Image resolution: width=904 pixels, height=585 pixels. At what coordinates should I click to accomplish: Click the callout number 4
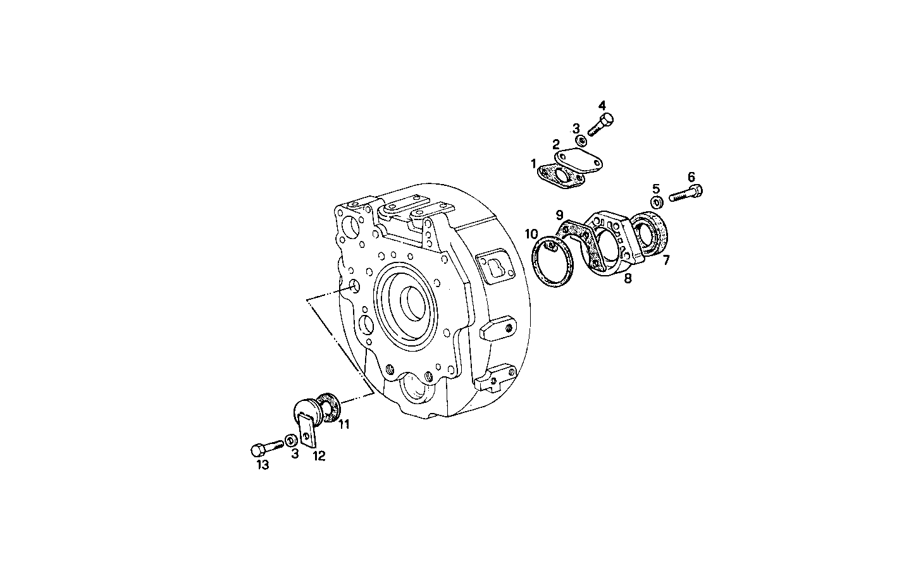click(602, 105)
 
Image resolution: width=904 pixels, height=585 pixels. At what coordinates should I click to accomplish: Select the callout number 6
click(691, 176)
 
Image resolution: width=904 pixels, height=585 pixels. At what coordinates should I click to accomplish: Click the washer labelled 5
click(656, 203)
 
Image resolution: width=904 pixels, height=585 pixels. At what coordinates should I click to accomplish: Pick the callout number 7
click(666, 259)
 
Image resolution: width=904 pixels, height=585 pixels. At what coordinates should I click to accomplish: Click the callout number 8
click(628, 278)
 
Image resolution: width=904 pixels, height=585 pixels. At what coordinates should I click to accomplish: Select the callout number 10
click(531, 234)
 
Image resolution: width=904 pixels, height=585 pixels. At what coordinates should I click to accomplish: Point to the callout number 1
click(533, 164)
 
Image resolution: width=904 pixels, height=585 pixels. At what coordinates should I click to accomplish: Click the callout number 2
click(556, 144)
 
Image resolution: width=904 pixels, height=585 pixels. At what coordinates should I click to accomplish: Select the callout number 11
click(344, 424)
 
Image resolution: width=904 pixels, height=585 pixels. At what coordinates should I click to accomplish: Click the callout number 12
click(319, 455)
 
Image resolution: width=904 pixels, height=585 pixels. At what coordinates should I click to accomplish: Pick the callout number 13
click(262, 465)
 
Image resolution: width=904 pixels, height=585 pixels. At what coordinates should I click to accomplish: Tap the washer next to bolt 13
click(290, 440)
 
